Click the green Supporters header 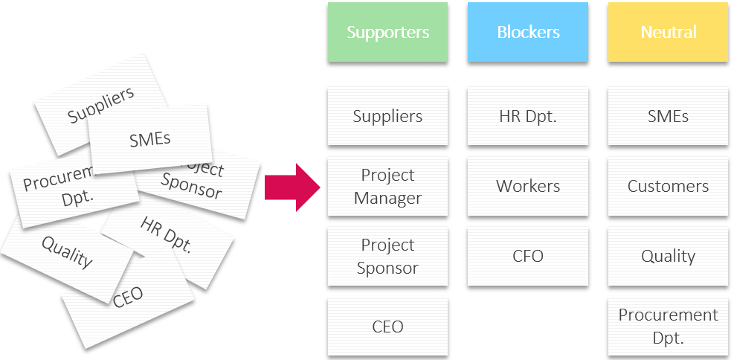(x=387, y=32)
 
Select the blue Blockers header (x=528, y=32)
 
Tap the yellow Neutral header (x=668, y=32)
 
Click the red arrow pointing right (x=292, y=187)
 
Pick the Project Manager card (x=387, y=187)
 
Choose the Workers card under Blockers (x=528, y=187)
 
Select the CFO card (x=528, y=257)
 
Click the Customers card (x=668, y=187)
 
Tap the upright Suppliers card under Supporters (x=387, y=117)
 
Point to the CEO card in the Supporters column (x=387, y=327)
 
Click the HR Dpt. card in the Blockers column (x=528, y=117)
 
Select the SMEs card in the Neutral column (x=668, y=117)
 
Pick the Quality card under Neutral (x=668, y=257)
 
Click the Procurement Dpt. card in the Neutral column (x=668, y=327)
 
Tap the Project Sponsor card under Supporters (x=387, y=257)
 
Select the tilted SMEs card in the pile (x=150, y=139)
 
